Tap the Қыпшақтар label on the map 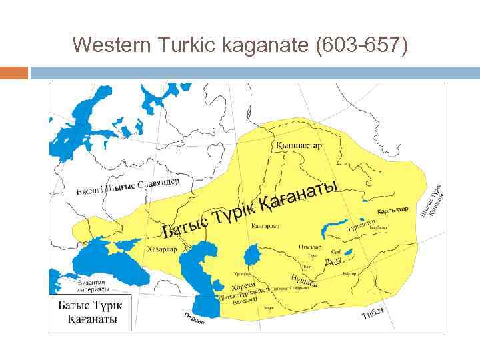point(297,145)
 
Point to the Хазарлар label point(161,249)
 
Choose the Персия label point(193,318)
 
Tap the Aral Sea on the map point(252,254)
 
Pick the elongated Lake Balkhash point(333,229)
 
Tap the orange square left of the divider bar point(14,72)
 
